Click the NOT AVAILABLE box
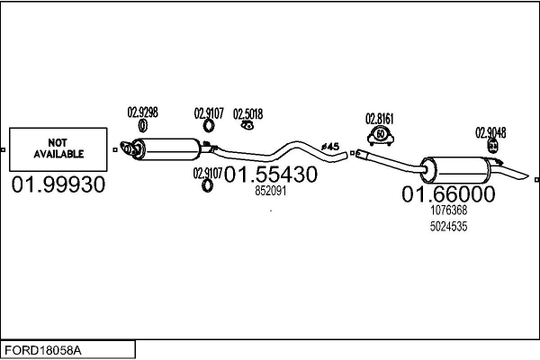58,149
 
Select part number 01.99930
58,184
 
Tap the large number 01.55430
271,175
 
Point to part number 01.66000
448,194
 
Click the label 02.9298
142,112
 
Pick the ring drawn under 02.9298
142,125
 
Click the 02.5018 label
248,114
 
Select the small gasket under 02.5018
247,126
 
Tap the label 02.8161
380,119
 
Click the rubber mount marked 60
381,136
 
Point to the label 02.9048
490,132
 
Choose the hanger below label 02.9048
493,146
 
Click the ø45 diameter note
330,147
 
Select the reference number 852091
271,191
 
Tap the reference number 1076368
449,210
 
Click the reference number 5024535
449,227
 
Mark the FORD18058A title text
43,351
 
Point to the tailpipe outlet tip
526,175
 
